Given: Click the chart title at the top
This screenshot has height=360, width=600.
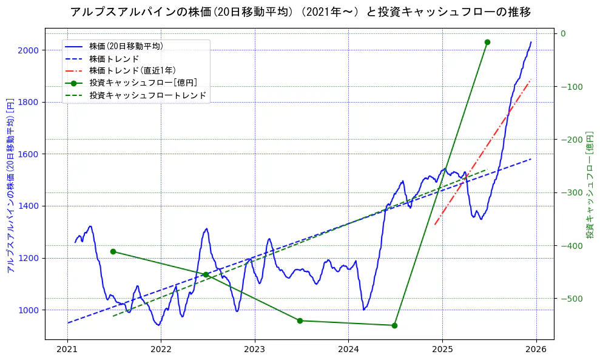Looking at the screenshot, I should coord(300,12).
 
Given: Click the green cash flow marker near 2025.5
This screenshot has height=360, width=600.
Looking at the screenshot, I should coord(487,42).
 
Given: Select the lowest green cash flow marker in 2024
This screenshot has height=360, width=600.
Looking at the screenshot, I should coord(394,325).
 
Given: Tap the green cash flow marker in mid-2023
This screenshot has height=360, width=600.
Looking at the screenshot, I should coord(300,321).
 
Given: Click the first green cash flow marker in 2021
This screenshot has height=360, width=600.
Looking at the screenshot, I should coord(113,251).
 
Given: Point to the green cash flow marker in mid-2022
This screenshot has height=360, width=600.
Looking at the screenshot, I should coord(206,274).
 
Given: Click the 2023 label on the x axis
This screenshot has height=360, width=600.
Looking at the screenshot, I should coord(255,349).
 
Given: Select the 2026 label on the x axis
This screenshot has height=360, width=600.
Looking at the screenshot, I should coord(536,349).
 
